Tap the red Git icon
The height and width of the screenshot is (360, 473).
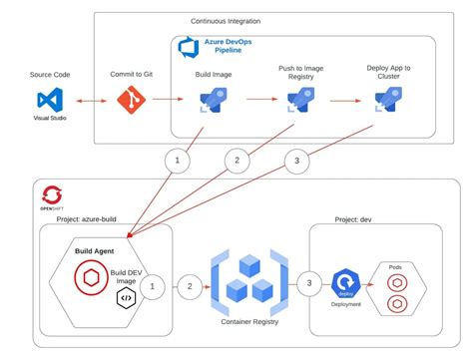pyautogui.click(x=131, y=101)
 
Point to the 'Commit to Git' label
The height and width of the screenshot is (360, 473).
pyautogui.click(x=131, y=75)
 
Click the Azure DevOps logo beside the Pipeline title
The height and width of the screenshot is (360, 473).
pyautogui.click(x=187, y=47)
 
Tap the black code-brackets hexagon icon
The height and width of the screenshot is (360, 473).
pyautogui.click(x=127, y=298)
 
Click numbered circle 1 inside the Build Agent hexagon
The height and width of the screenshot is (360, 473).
pyautogui.click(x=152, y=288)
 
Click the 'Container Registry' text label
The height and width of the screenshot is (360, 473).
pyautogui.click(x=247, y=323)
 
